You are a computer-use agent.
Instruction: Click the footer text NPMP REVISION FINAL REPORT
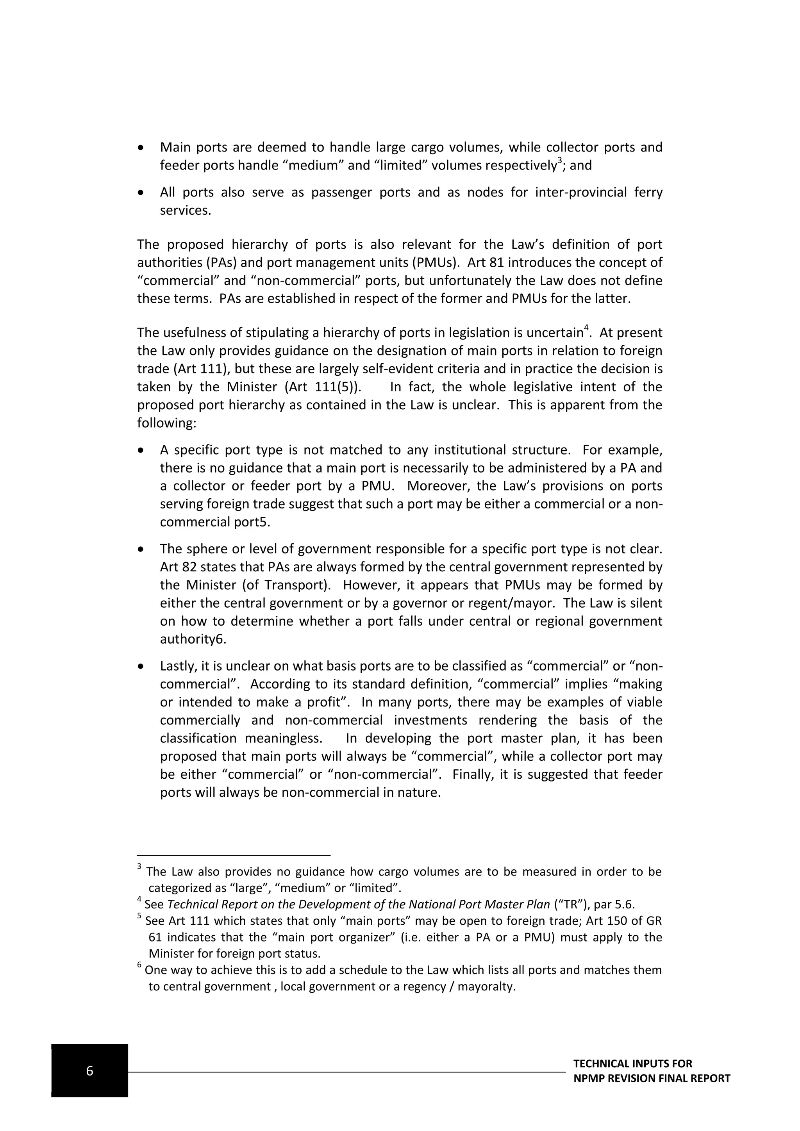tap(651, 1078)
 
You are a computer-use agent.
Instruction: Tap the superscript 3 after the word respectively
tap(560, 161)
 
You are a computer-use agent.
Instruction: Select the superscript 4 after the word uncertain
tap(586, 328)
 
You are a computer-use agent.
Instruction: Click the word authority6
tap(193, 639)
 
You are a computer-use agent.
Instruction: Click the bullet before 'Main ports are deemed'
tap(141, 148)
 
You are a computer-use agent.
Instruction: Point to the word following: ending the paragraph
tap(166, 423)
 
